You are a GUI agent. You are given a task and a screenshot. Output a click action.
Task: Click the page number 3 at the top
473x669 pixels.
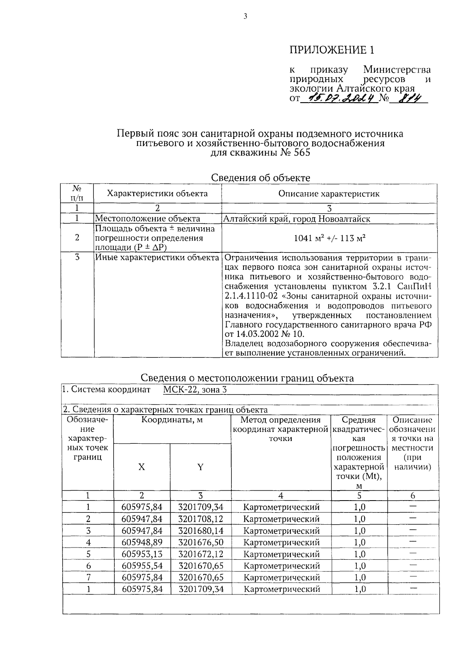coord(245,17)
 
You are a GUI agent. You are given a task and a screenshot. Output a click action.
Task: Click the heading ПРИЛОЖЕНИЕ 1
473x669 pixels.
coord(331,50)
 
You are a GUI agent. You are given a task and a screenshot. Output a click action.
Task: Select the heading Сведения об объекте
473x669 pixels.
coord(261,178)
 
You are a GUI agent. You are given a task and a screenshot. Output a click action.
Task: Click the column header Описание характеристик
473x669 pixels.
coord(329,194)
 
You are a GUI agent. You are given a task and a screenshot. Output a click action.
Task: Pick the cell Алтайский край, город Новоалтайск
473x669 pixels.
coord(296,219)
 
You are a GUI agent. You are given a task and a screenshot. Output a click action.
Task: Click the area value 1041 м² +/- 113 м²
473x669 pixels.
coord(330,238)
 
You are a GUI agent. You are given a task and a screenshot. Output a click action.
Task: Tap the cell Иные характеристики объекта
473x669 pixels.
coord(157,258)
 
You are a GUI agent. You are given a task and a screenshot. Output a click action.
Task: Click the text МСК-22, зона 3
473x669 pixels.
coord(195,390)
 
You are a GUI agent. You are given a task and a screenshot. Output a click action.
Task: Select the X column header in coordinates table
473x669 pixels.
coord(142,467)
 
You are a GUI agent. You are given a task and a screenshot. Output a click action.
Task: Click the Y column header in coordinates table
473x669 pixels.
coord(200,467)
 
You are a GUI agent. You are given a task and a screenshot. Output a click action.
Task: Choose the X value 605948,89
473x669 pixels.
coord(142,542)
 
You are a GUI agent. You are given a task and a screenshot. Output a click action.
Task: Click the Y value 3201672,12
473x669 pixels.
coord(201,554)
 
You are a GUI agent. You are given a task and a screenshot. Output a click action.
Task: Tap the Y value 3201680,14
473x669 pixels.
coord(201,531)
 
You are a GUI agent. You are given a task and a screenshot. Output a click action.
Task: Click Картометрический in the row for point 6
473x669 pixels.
coord(281,566)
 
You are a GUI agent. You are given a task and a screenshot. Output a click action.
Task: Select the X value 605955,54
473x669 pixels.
coord(142,566)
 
